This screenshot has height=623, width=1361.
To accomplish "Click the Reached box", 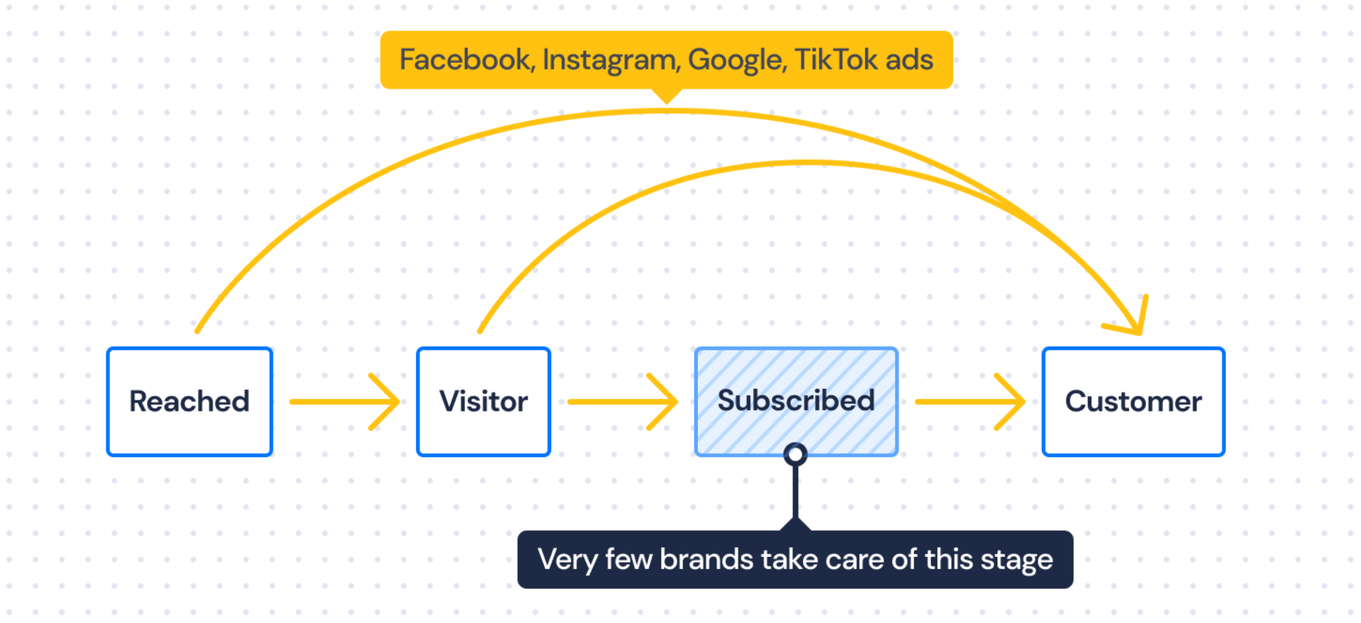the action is click(189, 402).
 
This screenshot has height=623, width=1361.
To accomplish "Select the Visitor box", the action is click(483, 402).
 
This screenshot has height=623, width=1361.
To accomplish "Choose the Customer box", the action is click(1133, 402).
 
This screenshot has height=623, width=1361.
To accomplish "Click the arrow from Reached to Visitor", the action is click(344, 402).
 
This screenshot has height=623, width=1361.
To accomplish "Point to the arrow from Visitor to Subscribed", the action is click(623, 402).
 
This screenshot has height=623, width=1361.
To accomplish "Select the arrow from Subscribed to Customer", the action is click(970, 402).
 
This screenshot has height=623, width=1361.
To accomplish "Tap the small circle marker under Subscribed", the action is click(796, 454).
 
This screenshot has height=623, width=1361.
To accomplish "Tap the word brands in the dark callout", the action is click(706, 559).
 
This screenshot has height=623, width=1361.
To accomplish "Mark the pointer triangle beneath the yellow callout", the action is click(667, 96).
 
